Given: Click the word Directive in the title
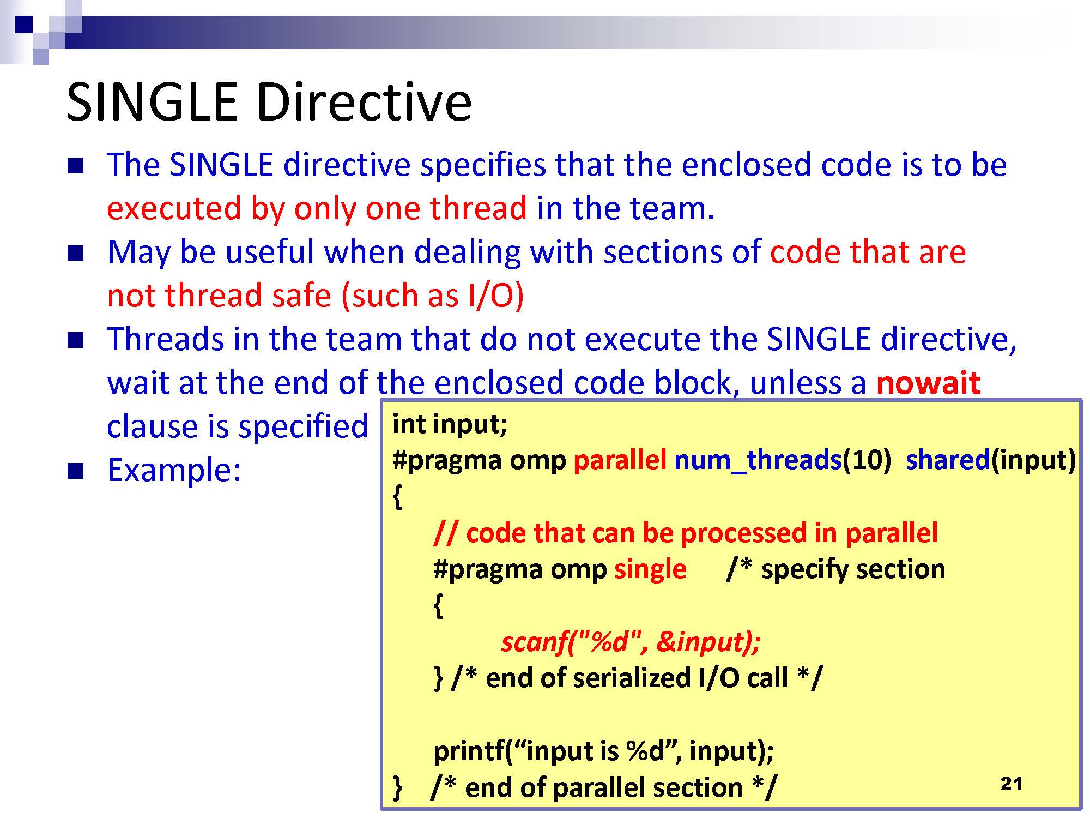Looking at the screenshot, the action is (364, 102).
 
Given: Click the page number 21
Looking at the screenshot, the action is (1011, 784).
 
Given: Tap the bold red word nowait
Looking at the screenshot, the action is (929, 382).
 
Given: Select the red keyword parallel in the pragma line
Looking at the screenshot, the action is (620, 460).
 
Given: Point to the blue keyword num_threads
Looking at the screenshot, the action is (758, 460).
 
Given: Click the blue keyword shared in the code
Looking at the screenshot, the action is (948, 460).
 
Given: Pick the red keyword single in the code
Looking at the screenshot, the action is (650, 569).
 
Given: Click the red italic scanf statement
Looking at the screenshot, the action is (631, 642).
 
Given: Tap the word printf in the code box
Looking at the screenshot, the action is (469, 751).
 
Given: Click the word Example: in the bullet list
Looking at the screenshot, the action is (174, 470).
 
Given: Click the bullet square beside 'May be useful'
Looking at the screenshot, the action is (75, 253).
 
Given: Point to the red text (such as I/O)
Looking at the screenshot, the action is (433, 296).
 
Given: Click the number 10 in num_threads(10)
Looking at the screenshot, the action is (866, 460).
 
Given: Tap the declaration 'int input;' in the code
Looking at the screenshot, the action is (450, 424).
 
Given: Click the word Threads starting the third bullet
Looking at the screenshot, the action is (166, 339).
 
